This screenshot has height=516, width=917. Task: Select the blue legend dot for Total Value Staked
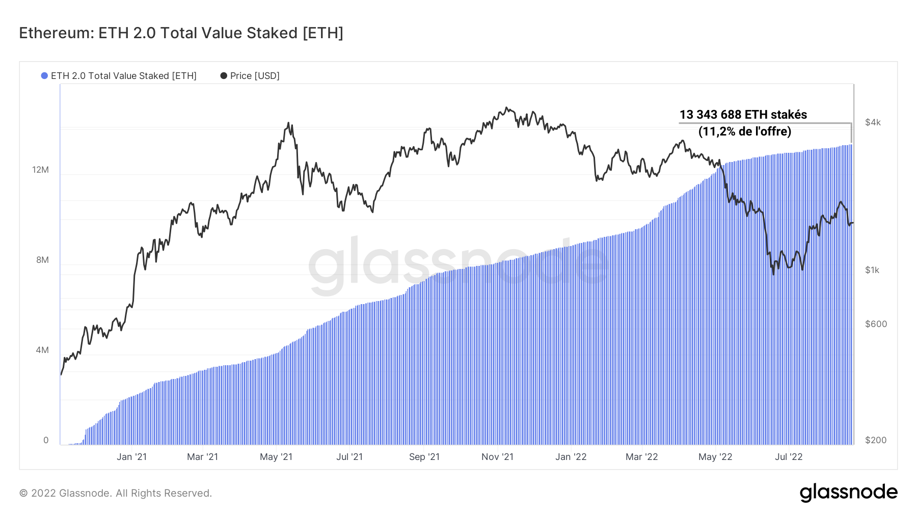click(x=44, y=76)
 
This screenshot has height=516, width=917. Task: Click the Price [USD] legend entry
click(x=254, y=76)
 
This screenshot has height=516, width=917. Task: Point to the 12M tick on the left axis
click(x=40, y=170)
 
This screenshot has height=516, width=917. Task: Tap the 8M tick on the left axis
click(x=42, y=260)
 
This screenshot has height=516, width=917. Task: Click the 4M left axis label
click(x=42, y=350)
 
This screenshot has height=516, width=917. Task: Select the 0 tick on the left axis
click(x=46, y=440)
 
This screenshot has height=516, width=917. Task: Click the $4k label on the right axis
click(x=873, y=122)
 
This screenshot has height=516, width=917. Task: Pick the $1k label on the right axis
click(x=872, y=270)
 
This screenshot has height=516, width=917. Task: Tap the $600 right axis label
click(x=876, y=324)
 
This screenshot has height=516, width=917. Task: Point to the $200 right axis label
click(x=876, y=440)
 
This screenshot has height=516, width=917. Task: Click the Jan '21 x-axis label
click(x=131, y=457)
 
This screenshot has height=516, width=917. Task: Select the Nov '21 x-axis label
click(x=497, y=457)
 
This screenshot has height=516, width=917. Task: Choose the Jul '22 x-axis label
click(x=788, y=457)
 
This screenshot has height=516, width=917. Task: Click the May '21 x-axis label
click(x=276, y=457)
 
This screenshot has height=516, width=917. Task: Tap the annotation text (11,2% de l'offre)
click(x=744, y=131)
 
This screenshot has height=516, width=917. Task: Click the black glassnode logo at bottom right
click(x=848, y=493)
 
